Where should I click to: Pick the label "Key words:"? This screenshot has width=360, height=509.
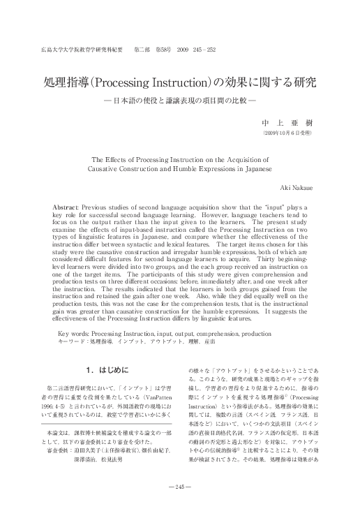click(73, 334)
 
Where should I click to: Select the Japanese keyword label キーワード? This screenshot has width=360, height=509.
click(72, 343)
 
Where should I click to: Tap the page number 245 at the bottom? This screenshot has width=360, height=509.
click(180, 486)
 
